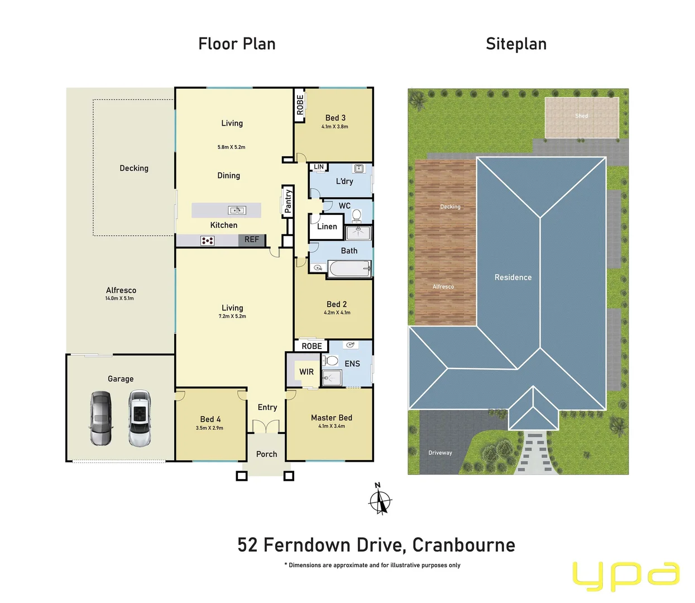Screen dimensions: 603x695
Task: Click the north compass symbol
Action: point(380,499)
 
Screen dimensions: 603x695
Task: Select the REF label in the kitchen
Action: point(252,240)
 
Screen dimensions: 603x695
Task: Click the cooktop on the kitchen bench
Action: point(207,241)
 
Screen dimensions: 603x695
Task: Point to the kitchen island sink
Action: point(237,210)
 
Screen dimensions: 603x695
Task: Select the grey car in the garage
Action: point(101,418)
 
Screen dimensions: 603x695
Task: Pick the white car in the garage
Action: point(139,418)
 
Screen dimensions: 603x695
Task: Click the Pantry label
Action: point(288,201)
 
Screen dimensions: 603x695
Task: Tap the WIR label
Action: point(306,372)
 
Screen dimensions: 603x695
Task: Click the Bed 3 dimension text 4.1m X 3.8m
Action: point(335,127)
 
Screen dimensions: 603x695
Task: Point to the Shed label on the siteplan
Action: point(582,116)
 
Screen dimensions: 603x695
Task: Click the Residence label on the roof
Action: point(513,277)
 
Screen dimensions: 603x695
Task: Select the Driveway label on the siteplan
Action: point(440,453)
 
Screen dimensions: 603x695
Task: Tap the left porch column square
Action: point(241,476)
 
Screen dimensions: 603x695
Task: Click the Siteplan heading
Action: point(516,44)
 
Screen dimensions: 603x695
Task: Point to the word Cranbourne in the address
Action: point(463,545)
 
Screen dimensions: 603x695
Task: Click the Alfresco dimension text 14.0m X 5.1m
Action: point(119,298)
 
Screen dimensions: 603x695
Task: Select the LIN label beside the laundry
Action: point(319,167)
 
